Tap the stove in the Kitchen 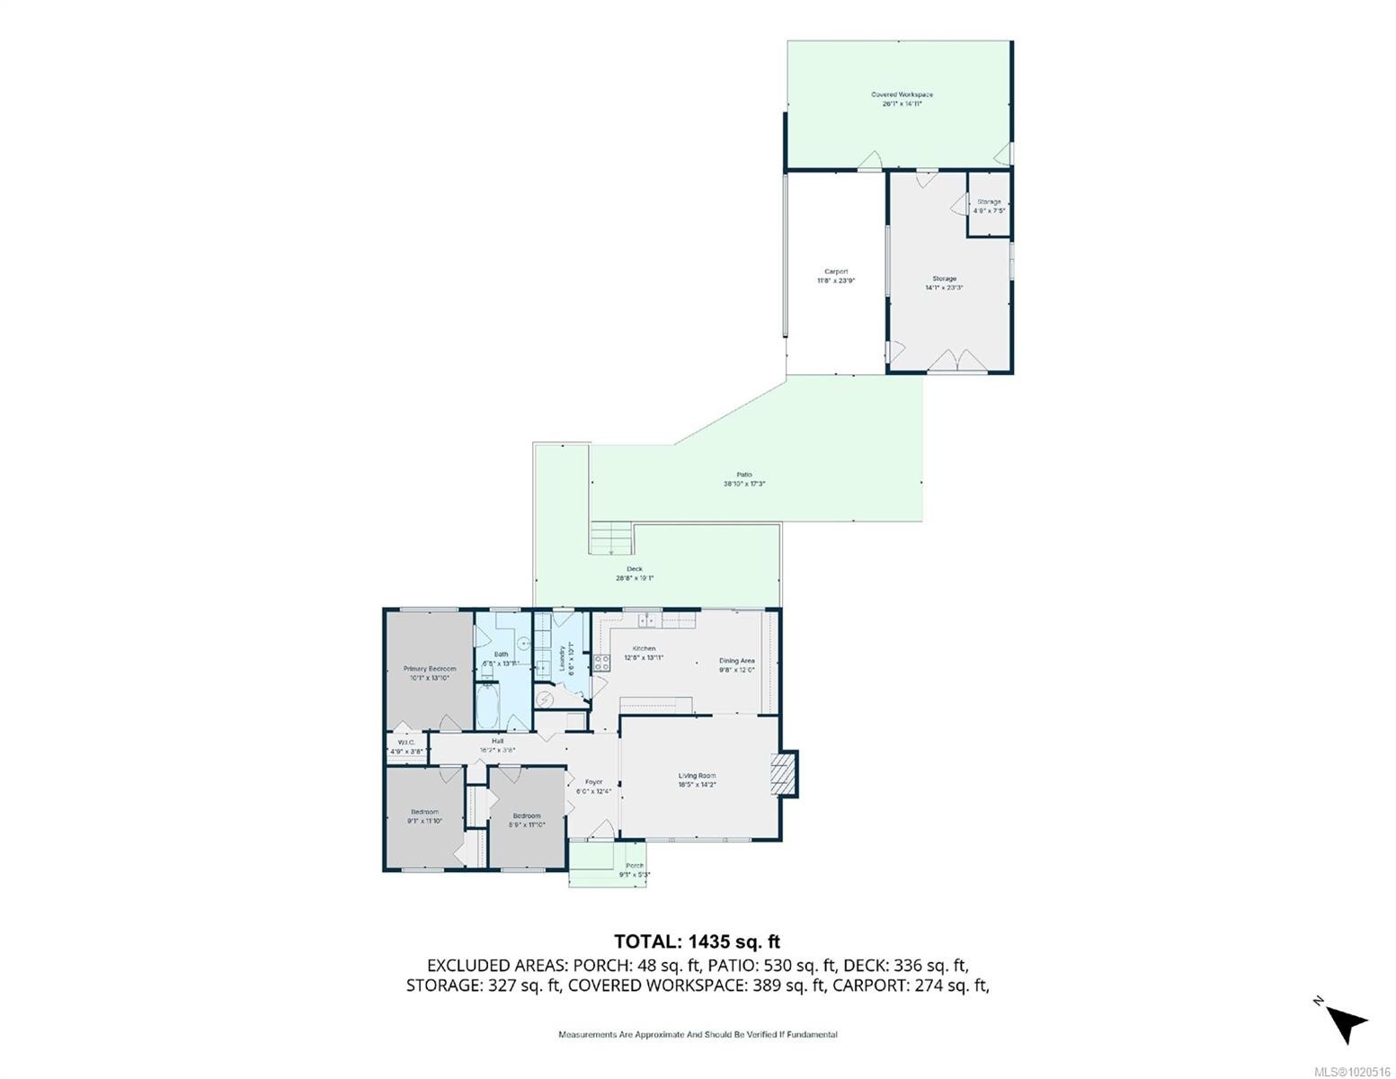click(601, 663)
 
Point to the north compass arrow click(1346, 1023)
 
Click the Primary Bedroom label click(429, 669)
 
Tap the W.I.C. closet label click(406, 742)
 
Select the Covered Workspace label click(902, 94)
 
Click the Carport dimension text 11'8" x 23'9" click(836, 281)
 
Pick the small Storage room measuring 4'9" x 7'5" click(989, 206)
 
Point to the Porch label click(635, 866)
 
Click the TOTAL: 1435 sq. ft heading click(697, 941)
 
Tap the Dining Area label click(736, 661)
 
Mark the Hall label click(497, 741)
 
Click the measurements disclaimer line click(698, 1035)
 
